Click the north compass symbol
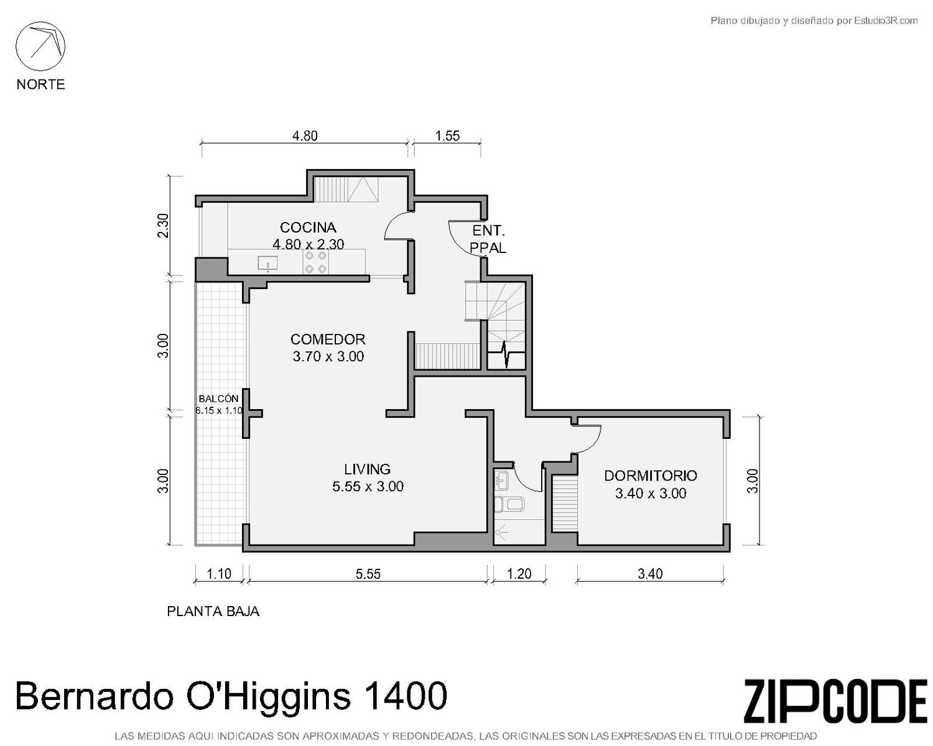click(40, 46)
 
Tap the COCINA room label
click(308, 227)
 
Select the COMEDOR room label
click(328, 339)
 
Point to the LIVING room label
click(367, 469)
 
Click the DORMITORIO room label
click(651, 476)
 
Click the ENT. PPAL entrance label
click(488, 239)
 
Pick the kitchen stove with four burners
click(315, 262)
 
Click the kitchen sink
click(267, 263)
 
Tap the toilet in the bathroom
click(509, 504)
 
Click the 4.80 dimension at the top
click(305, 136)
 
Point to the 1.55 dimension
click(447, 136)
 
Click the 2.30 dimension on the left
click(163, 226)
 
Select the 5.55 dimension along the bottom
click(368, 574)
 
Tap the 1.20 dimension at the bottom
click(519, 574)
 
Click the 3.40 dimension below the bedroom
click(650, 574)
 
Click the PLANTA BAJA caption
click(213, 611)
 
